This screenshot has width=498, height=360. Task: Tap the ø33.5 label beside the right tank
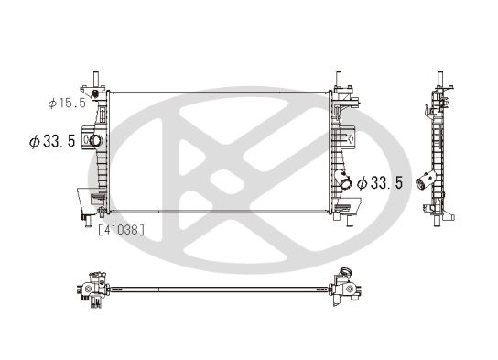379,183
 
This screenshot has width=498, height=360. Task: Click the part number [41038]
121,230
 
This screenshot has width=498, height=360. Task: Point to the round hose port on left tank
95,141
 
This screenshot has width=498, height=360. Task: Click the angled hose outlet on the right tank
345,182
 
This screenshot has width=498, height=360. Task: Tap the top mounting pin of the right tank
340,77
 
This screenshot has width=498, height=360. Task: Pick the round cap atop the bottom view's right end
345,271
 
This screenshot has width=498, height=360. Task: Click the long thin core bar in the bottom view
220,289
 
